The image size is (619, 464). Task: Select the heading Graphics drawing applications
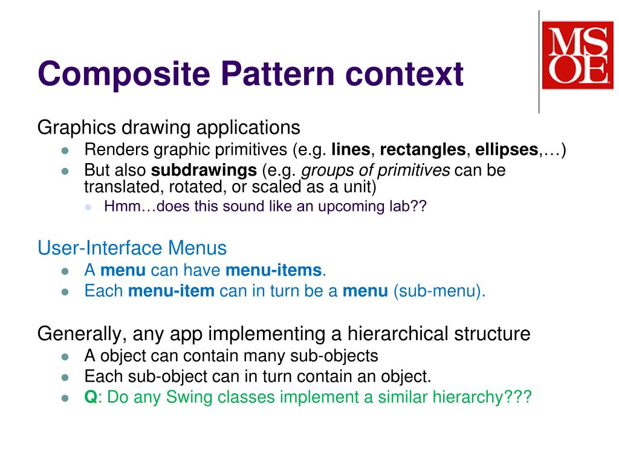[169, 127]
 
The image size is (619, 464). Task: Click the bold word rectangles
[423, 150]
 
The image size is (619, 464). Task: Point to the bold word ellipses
[507, 150]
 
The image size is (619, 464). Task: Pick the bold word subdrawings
[204, 170]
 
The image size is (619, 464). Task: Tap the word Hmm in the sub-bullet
[118, 207]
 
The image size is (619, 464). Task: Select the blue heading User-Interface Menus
[132, 248]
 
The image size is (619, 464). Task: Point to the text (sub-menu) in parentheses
[439, 291]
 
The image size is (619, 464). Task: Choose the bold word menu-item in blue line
[172, 291]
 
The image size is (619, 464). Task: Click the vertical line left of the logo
[539, 60]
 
